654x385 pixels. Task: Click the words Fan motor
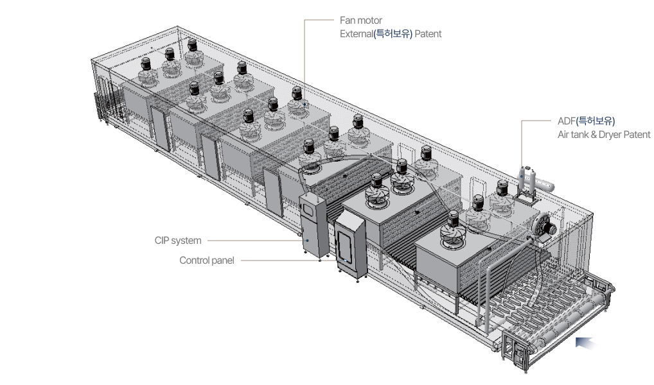[360, 21]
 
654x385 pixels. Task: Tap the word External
[356, 34]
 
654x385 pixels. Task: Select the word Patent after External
[428, 34]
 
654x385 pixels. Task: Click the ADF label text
[566, 121]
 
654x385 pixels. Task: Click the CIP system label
[178, 241]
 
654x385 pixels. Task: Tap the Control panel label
[207, 261]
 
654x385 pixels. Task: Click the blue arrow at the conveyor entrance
[588, 344]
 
